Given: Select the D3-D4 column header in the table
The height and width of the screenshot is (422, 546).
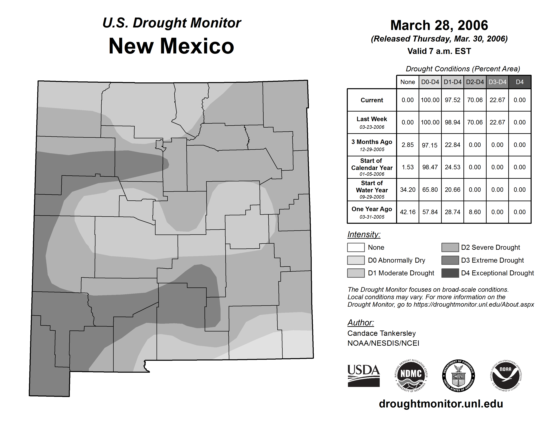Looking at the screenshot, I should (x=497, y=82).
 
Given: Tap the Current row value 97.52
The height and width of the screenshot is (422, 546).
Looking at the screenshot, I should (x=453, y=100).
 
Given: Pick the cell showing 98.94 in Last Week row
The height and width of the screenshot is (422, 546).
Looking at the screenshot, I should (x=453, y=122).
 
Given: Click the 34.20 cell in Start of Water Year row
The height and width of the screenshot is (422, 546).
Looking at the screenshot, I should (x=408, y=190).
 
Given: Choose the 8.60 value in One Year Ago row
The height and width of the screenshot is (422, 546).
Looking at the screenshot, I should (x=475, y=212).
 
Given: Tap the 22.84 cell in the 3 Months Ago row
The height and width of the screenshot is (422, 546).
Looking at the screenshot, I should (x=453, y=145).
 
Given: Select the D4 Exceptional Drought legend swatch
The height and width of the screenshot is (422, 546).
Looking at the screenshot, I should (x=450, y=273).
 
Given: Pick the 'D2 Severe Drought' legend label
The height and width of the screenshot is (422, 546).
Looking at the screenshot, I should (x=490, y=248).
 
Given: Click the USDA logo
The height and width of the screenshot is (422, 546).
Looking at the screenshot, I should (x=364, y=375).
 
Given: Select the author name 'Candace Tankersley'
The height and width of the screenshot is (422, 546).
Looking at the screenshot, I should (x=382, y=333).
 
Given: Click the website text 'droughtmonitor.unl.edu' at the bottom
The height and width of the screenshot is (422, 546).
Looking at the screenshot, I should (x=441, y=404).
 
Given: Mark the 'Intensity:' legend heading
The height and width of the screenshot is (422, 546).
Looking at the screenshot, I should (x=364, y=234).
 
